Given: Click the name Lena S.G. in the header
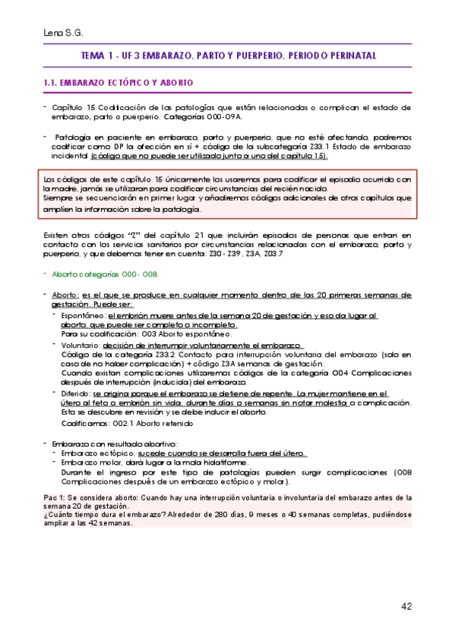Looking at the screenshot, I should (x=63, y=33).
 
